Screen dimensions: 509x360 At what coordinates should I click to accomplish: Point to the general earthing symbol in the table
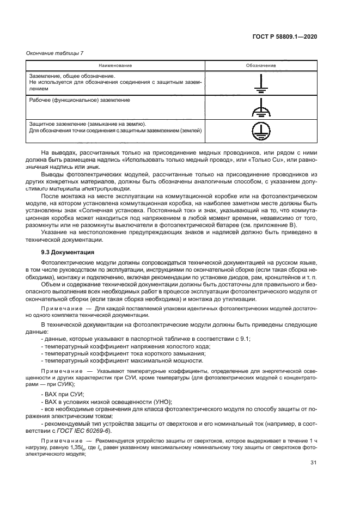[260, 83]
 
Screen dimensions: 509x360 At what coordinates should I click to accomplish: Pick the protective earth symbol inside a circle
[260, 131]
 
